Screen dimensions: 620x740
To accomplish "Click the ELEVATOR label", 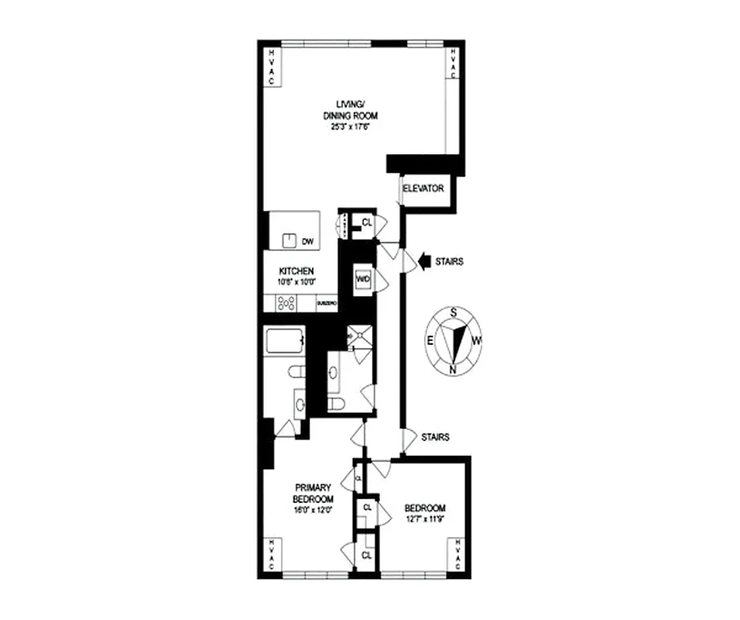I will (424, 188).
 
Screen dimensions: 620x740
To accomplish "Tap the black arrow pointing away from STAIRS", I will (424, 261).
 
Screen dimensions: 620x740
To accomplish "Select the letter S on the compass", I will (452, 312).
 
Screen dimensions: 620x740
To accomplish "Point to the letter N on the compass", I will (452, 370).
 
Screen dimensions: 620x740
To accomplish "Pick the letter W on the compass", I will (478, 339).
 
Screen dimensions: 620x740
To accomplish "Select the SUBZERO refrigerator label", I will (327, 304).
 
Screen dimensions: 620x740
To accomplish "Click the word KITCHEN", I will (296, 271).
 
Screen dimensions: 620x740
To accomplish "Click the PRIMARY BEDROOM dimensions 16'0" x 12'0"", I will (312, 509).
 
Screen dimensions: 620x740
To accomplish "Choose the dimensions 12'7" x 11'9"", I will (425, 519).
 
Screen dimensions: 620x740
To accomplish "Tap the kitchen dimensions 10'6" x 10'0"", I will (296, 282).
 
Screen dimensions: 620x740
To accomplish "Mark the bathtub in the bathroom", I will (283, 343).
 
